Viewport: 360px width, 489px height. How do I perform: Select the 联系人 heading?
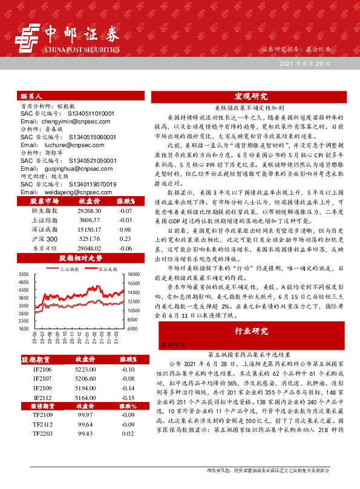click(31, 97)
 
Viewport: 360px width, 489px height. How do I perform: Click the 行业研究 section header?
click(250, 332)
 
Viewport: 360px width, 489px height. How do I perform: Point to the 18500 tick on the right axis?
click(134, 275)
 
